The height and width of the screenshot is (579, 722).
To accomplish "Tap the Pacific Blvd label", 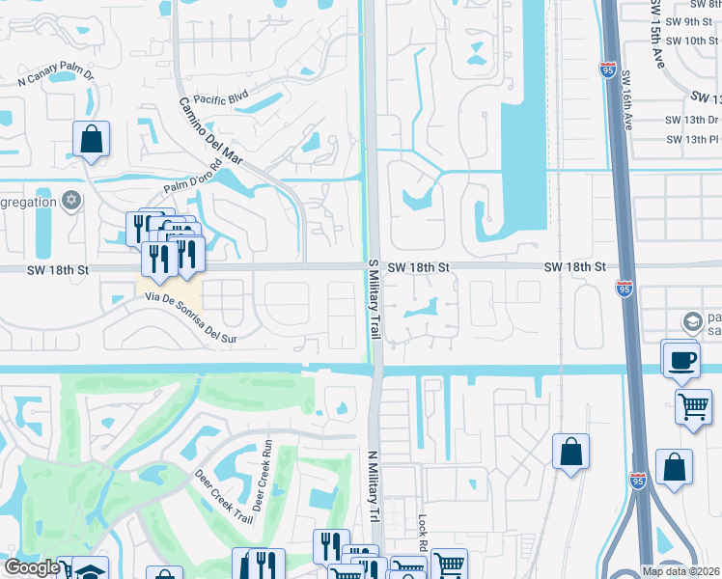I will [x=221, y=98].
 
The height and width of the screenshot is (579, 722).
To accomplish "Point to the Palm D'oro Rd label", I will [x=193, y=181].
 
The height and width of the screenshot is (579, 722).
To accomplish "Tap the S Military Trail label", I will [x=373, y=299].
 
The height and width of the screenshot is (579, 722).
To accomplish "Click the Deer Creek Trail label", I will [x=223, y=498].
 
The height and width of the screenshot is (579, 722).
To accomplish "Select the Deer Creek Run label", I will [x=262, y=475].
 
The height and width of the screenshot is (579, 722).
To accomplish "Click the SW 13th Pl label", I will [x=691, y=139].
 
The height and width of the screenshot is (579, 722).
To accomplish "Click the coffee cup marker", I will [x=681, y=360].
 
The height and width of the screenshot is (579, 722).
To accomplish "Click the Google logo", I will [x=32, y=568].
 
